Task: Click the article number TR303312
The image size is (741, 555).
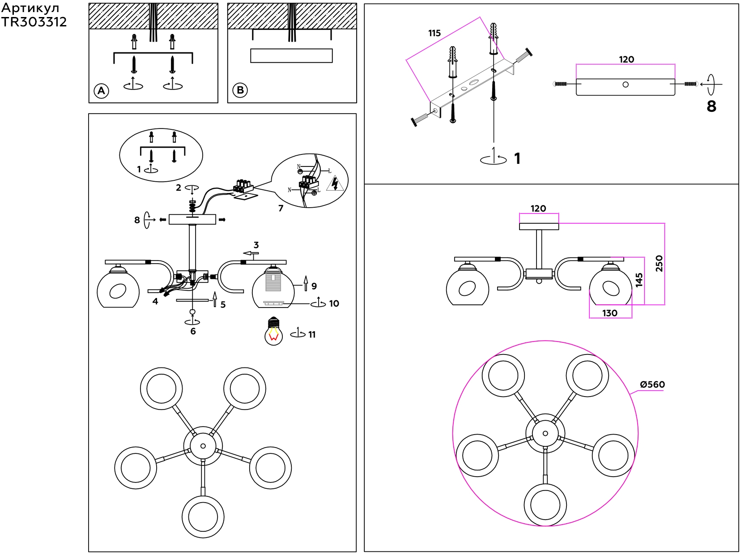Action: point(34,22)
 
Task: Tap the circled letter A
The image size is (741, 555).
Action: point(102,91)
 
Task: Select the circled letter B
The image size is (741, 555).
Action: point(240,90)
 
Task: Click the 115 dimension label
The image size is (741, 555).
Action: point(434,33)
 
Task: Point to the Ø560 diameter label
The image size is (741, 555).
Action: point(652,384)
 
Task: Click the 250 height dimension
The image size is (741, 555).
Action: point(659,263)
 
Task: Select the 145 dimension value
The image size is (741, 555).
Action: point(639,280)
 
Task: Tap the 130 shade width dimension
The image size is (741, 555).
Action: point(610,313)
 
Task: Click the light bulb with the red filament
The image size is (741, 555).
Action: point(273,331)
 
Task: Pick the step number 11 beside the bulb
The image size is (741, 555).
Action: point(312,334)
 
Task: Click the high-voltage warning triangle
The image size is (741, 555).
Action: point(335,184)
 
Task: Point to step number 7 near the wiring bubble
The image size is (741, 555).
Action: point(281,208)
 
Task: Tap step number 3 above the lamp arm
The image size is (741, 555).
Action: point(256,245)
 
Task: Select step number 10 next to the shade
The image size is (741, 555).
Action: point(334,303)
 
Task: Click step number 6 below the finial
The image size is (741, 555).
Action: point(193,331)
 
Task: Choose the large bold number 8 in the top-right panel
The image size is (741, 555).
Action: point(711,106)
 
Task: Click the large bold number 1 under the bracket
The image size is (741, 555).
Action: point(517,158)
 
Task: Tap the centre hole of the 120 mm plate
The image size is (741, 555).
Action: point(626,85)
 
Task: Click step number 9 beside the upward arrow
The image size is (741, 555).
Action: point(314,286)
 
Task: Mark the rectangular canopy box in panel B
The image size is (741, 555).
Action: point(291,55)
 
